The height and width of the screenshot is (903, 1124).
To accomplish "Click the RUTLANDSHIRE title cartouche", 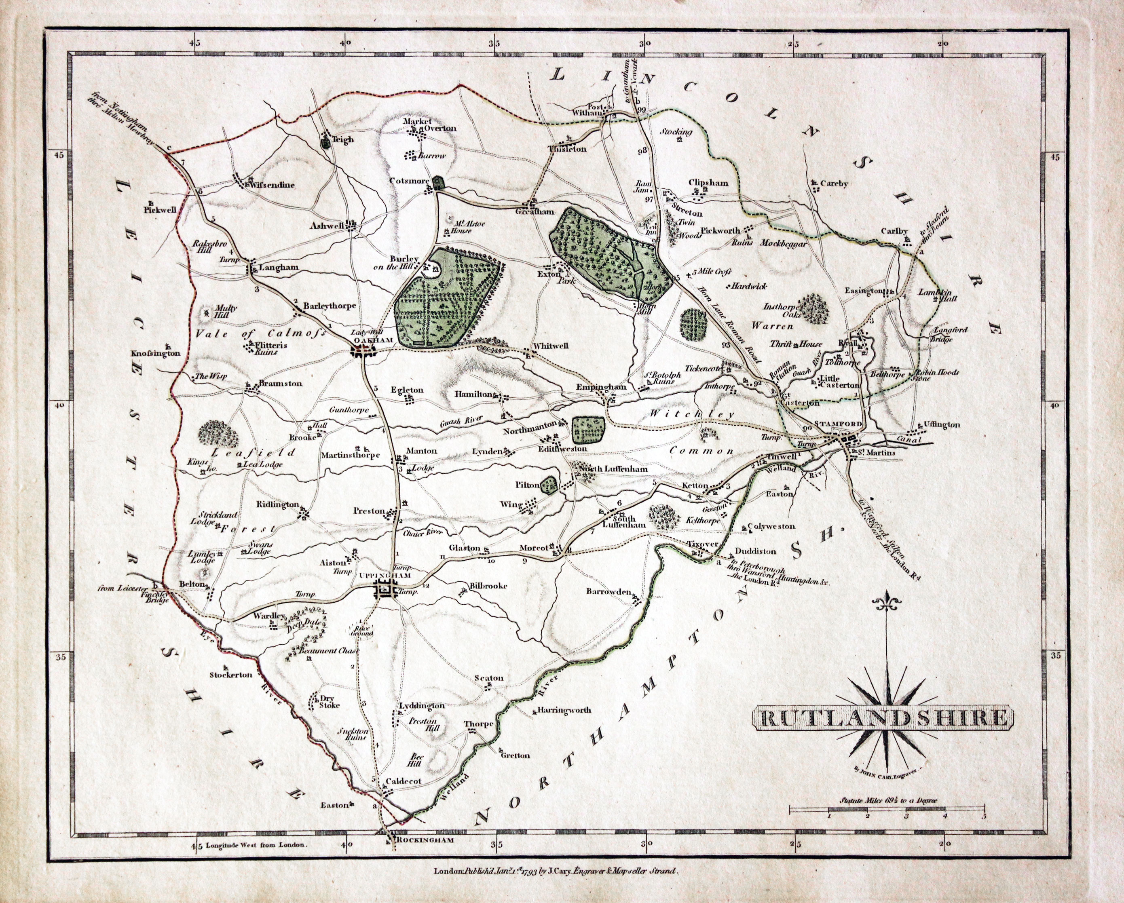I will (x=882, y=718).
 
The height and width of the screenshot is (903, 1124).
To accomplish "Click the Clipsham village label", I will (x=708, y=183).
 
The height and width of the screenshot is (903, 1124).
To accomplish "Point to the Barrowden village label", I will (x=608, y=592).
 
